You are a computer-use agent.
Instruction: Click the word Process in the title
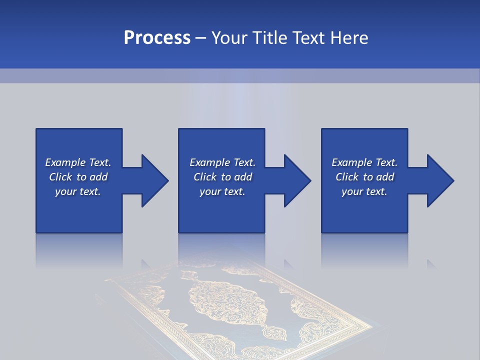pyautogui.click(x=157, y=38)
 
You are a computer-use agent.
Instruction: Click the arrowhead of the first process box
pyautogui.click(x=154, y=180)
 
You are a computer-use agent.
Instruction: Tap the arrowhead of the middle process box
pyautogui.click(x=297, y=180)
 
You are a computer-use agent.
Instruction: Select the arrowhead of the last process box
pyautogui.click(x=440, y=180)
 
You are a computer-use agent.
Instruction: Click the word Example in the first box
pyautogui.click(x=65, y=162)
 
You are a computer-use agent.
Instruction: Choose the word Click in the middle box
pyautogui.click(x=205, y=177)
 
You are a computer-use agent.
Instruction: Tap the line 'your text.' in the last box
pyautogui.click(x=364, y=191)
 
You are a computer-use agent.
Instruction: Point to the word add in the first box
pyautogui.click(x=98, y=177)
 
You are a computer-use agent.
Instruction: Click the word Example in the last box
pyautogui.click(x=351, y=162)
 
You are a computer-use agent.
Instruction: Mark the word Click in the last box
pyautogui.click(x=347, y=177)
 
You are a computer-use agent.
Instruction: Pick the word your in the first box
pyautogui.click(x=65, y=191)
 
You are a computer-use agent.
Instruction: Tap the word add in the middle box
pyautogui.click(x=243, y=177)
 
